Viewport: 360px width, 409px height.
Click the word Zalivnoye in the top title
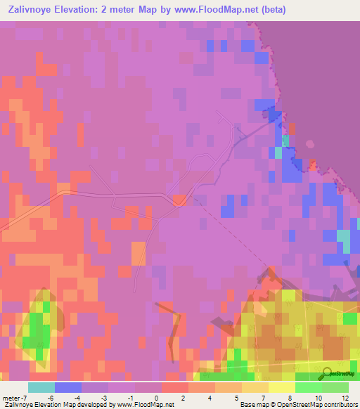point(35,10)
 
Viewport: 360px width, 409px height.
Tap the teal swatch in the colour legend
point(41,387)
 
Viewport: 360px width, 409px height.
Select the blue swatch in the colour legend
point(67,387)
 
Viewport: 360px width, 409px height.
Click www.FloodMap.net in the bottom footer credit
point(139,405)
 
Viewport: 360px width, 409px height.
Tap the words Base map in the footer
point(252,405)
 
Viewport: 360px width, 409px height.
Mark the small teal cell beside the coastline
point(278,152)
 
